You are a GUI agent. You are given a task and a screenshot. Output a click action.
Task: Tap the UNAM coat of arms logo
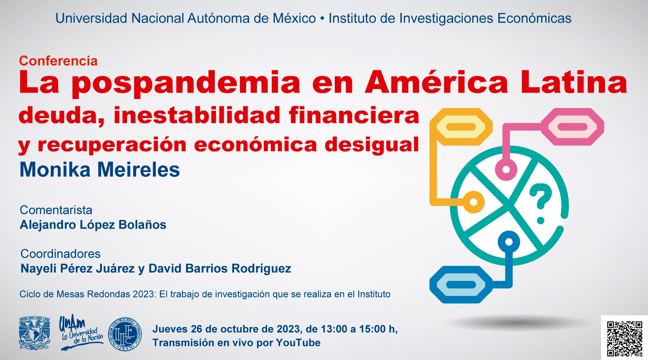pyautogui.click(x=35, y=333)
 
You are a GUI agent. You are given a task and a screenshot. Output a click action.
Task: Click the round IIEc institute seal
pyautogui.click(x=125, y=334)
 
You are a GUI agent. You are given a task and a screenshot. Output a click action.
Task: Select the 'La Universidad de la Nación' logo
pyautogui.click(x=81, y=332)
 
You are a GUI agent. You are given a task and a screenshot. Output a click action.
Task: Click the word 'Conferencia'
pyautogui.click(x=58, y=61)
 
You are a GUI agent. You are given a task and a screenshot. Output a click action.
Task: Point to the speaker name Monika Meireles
pyautogui.click(x=100, y=170)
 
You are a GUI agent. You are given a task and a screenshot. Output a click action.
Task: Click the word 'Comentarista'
pyautogui.click(x=56, y=210)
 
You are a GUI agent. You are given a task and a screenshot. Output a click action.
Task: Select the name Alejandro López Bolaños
pyautogui.click(x=93, y=225)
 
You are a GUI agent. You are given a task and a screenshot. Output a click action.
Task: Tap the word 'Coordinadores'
pyautogui.click(x=60, y=254)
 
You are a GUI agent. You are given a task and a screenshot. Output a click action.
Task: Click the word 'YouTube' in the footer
pyautogui.click(x=298, y=343)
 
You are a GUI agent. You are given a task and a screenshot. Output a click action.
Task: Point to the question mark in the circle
pyautogui.click(x=541, y=203)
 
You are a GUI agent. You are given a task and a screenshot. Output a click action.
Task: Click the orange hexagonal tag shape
pyautogui.click(x=461, y=127)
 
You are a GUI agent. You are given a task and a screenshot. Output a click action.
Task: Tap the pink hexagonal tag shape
pyautogui.click(x=572, y=127)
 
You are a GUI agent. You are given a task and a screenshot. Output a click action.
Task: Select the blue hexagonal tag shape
pyautogui.click(x=461, y=285)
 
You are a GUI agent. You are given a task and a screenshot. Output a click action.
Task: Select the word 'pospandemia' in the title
pyautogui.click(x=186, y=83)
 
